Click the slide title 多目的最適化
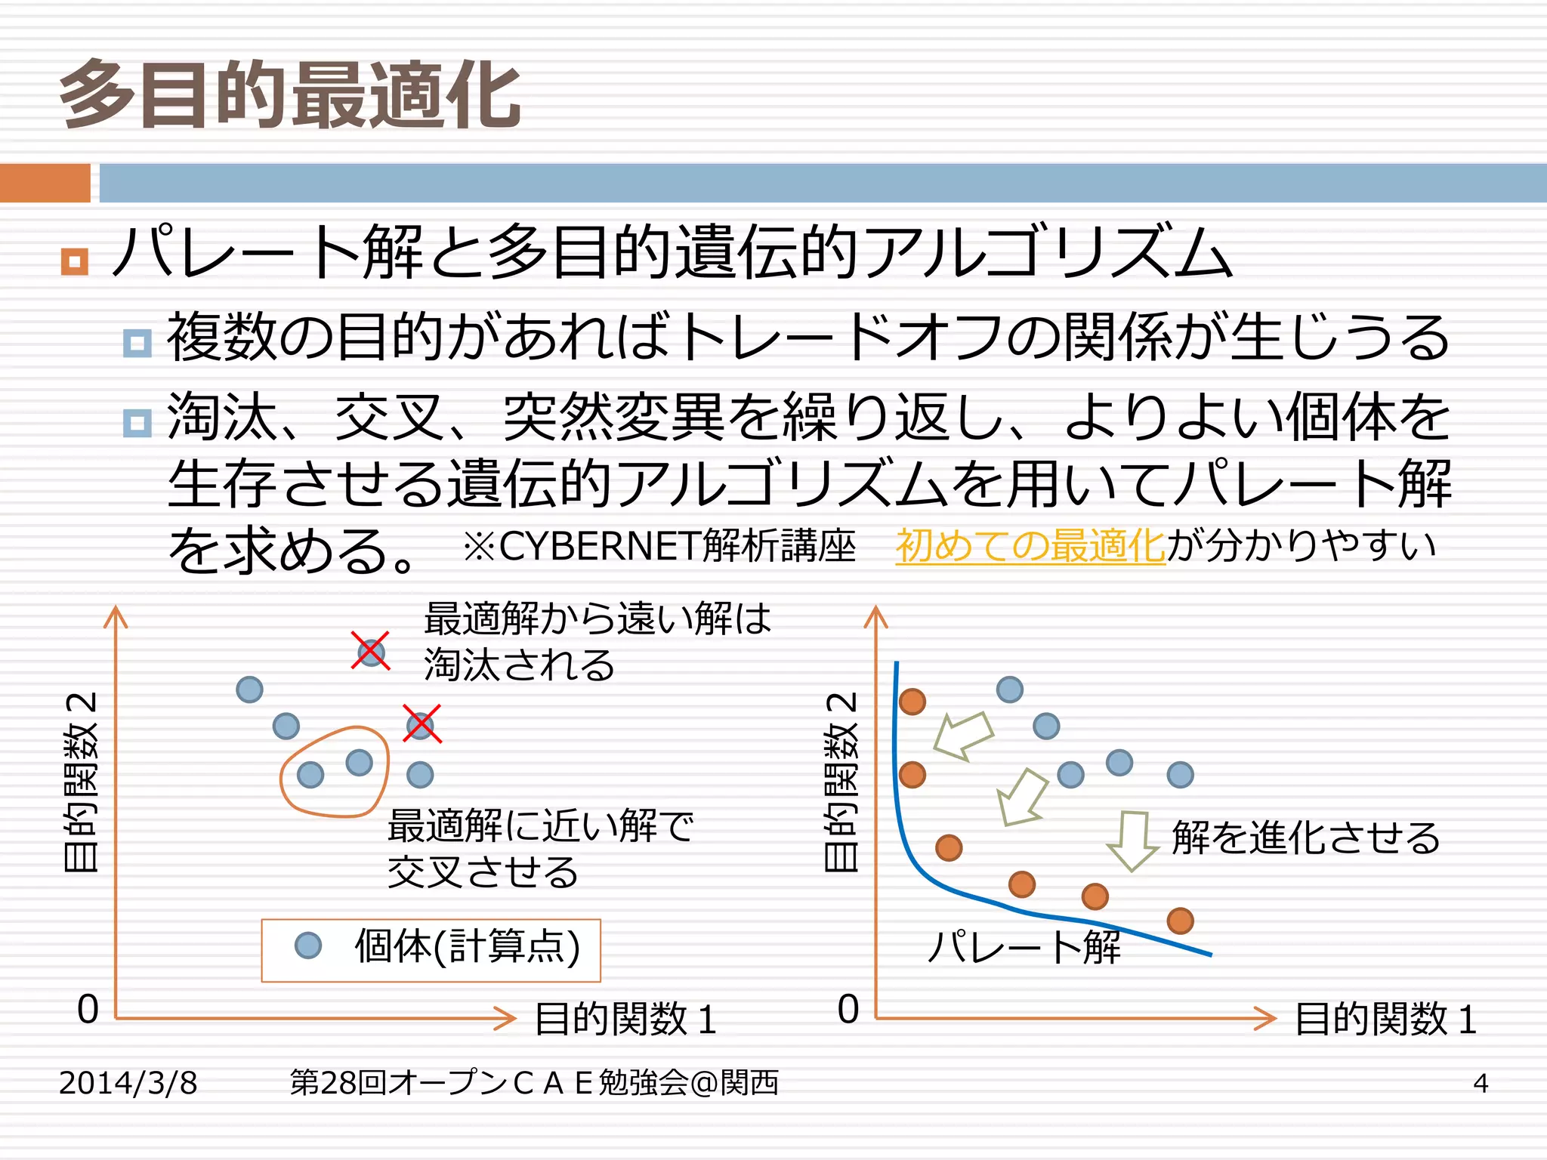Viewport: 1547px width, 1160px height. click(291, 96)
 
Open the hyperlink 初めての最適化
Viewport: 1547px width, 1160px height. click(1030, 545)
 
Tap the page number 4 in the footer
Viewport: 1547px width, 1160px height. click(1480, 1083)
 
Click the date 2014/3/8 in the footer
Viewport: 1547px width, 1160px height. click(128, 1083)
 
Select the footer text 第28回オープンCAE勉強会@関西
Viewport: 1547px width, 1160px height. click(534, 1083)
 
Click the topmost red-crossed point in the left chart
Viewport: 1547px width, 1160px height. click(371, 652)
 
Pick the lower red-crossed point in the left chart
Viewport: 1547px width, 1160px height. click(421, 725)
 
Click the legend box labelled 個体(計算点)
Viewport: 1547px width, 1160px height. click(431, 950)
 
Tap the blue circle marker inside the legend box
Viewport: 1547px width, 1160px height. click(308, 946)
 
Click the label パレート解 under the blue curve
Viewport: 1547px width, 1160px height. click(1024, 947)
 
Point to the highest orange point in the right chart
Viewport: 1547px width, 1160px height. click(912, 702)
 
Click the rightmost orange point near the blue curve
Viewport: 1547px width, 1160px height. click(1180, 921)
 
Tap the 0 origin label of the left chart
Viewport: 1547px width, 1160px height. click(88, 1009)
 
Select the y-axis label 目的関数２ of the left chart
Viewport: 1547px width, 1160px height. click(81, 782)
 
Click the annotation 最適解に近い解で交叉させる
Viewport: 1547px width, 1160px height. click(540, 849)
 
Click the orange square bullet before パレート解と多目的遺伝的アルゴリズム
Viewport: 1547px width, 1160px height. click(74, 261)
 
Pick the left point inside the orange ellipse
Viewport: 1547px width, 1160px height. click(310, 774)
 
